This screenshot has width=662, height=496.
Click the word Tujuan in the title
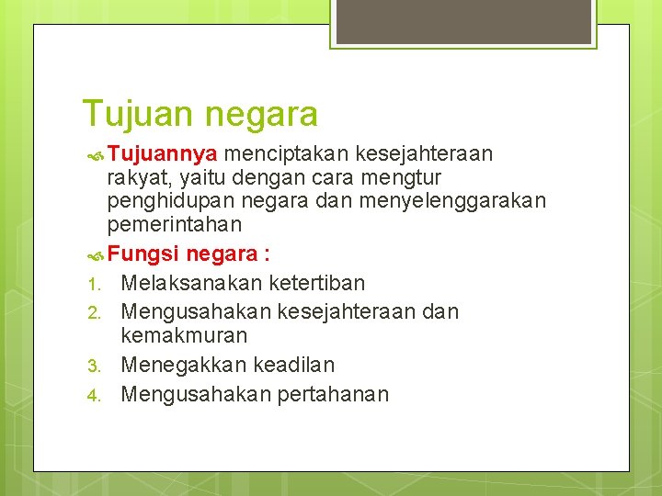[137, 115]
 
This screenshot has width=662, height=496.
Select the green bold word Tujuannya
[162, 152]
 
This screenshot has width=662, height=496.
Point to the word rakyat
[138, 176]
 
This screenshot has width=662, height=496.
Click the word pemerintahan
[175, 224]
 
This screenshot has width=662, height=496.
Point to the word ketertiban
[317, 283]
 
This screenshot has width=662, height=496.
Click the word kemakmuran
[184, 335]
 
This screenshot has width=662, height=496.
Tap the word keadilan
[291, 365]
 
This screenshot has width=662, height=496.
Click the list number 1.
[92, 284]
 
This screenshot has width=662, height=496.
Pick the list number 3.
[92, 366]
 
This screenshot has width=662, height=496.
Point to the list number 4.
[92, 395]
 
